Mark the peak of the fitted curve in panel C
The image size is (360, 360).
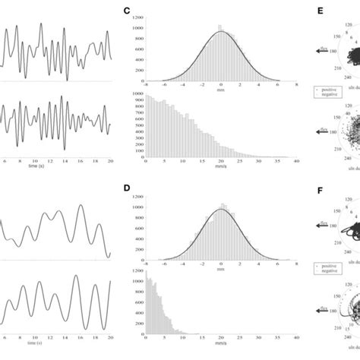point(221,31)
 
